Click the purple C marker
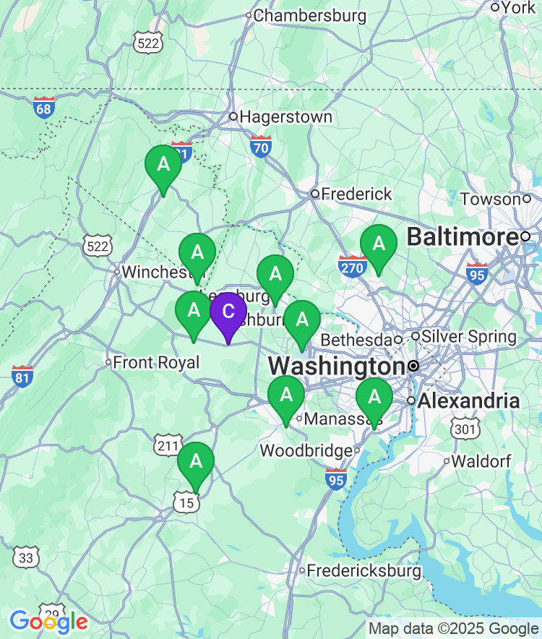(228, 313)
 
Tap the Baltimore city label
(463, 236)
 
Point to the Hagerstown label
(285, 116)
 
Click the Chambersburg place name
(309, 15)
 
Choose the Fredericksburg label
(364, 570)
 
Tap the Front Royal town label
(155, 362)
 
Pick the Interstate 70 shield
(261, 147)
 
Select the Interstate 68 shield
(44, 108)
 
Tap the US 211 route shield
(165, 445)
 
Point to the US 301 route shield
(463, 429)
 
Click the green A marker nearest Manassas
(286, 397)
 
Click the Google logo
(48, 620)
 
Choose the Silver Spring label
(469, 336)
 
